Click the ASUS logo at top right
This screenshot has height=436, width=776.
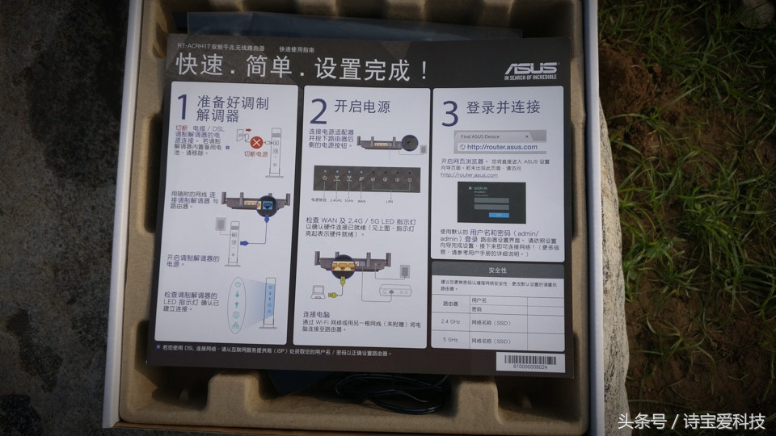[x=529, y=71]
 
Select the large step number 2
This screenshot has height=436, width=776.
[x=318, y=110]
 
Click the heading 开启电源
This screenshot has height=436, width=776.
[x=361, y=106]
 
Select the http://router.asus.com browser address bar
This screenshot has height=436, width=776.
[x=500, y=147]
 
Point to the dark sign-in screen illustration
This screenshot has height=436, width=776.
[x=491, y=202]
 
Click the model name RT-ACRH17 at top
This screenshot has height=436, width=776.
[x=196, y=48]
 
